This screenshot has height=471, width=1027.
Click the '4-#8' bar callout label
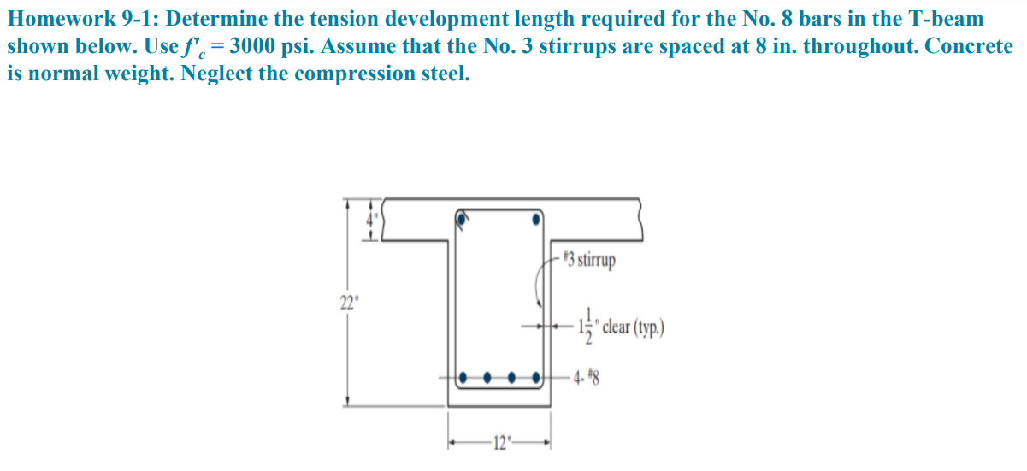pyautogui.click(x=587, y=377)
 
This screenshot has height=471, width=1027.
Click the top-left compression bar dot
pyautogui.click(x=463, y=219)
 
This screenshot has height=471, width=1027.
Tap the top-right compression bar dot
pyautogui.click(x=536, y=219)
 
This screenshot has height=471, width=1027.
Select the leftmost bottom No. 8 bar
pyautogui.click(x=463, y=376)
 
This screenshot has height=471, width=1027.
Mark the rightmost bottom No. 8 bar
pyautogui.click(x=537, y=376)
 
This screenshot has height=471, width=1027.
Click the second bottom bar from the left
pyautogui.click(x=487, y=376)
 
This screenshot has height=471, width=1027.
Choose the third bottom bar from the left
pyautogui.click(x=512, y=376)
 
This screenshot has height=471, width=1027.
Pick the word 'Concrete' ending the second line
pyautogui.click(x=969, y=46)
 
